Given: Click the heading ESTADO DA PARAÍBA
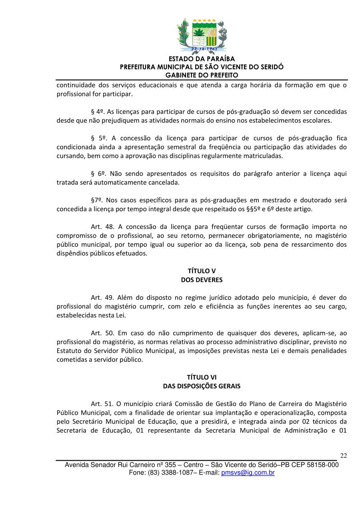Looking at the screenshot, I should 202,59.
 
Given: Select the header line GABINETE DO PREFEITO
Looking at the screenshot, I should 202,75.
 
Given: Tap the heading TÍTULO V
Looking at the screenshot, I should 202,271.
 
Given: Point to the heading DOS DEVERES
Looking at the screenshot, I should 202,280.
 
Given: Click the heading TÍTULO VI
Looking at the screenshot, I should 202,377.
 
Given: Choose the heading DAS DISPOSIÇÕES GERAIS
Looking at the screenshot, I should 202,386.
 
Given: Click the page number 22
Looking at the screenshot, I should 343,456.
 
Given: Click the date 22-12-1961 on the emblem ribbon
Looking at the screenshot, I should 204,49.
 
